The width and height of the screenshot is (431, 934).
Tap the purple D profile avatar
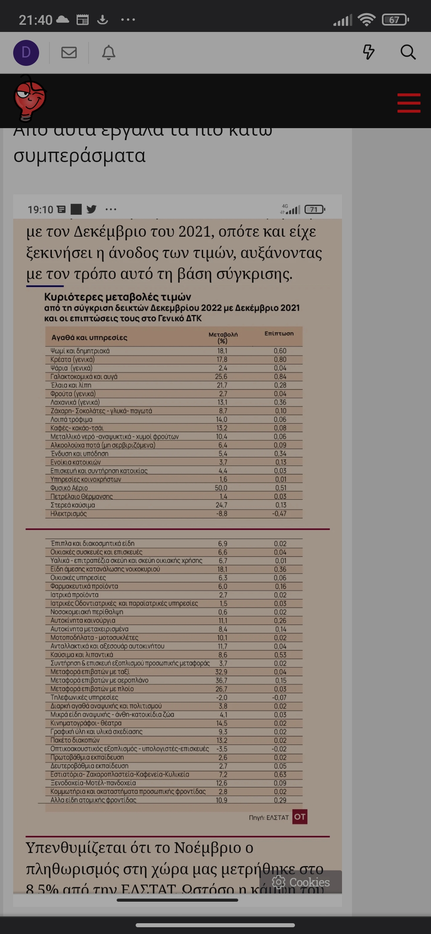pyautogui.click(x=26, y=53)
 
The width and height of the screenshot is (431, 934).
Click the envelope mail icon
pyautogui.click(x=69, y=52)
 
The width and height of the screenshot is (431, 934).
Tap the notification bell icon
pyautogui.click(x=109, y=53)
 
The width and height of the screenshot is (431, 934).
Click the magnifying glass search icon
pyautogui.click(x=408, y=52)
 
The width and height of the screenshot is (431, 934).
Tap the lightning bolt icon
pyautogui.click(x=368, y=52)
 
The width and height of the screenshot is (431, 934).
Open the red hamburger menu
pyautogui.click(x=409, y=103)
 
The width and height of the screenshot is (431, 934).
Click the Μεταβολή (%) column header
pyautogui.click(x=223, y=337)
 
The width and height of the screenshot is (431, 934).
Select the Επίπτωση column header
pyautogui.click(x=279, y=333)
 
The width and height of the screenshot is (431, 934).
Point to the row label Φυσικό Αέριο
pyautogui.click(x=69, y=488)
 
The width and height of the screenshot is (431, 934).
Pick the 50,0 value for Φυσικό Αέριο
pyautogui.click(x=221, y=488)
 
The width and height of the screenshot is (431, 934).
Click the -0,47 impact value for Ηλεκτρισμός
pyautogui.click(x=279, y=514)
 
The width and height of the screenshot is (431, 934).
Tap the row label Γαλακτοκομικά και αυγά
pyautogui.click(x=84, y=376)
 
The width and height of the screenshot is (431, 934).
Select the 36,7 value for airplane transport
pyautogui.click(x=221, y=680)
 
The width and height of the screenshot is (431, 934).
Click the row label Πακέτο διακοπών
pyautogui.click(x=75, y=740)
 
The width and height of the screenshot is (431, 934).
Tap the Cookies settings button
pyautogui.click(x=301, y=882)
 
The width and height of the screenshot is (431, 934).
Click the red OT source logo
pyautogui.click(x=300, y=817)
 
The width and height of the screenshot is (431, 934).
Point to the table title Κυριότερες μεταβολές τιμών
pyautogui.click(x=118, y=297)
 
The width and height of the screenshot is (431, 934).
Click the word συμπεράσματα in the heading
pyautogui.click(x=79, y=156)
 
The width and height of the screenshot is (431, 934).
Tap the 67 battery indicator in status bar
pyautogui.click(x=395, y=20)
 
